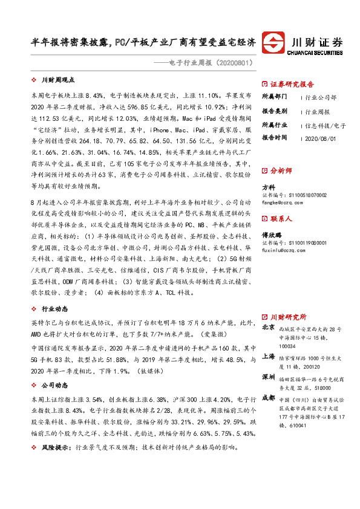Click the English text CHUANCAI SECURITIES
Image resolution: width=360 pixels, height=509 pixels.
[x=318, y=53]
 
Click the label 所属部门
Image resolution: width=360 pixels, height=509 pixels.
[x=275, y=97]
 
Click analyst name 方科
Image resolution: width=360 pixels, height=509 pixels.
[x=267, y=188]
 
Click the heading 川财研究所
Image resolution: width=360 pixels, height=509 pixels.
[x=288, y=317]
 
